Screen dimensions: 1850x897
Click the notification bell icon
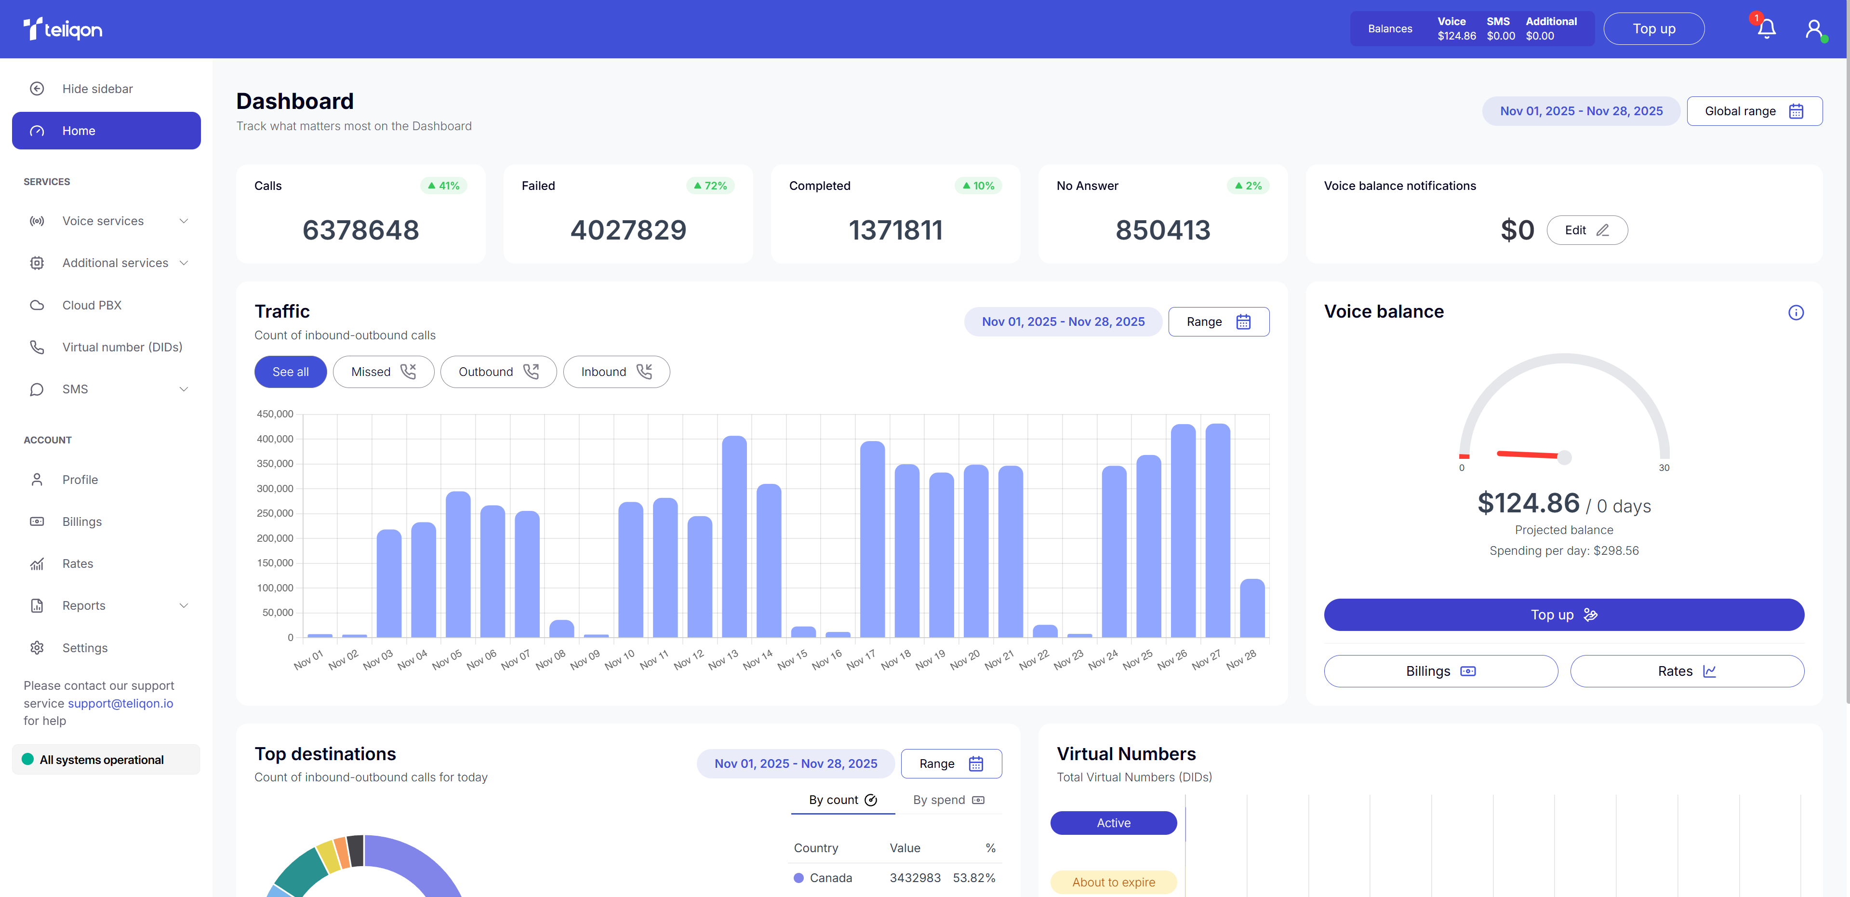1767,29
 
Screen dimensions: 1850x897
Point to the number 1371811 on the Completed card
895,230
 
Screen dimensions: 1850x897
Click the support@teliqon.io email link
120,704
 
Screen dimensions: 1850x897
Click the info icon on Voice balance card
1796,312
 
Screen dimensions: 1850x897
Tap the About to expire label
1113,882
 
